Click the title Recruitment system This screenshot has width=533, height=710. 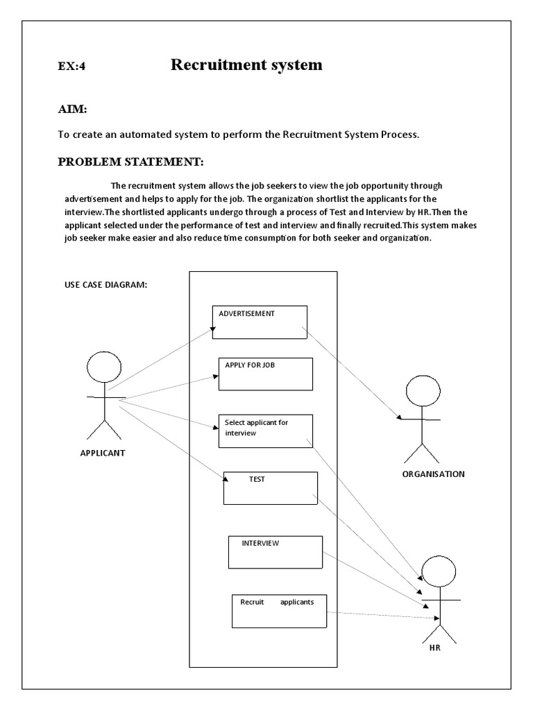coord(246,65)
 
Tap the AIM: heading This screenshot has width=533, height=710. coord(71,110)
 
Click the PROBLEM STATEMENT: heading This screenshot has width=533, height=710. coord(130,162)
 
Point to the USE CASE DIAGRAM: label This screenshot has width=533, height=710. coord(105,286)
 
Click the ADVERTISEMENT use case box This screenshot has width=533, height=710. coord(260,322)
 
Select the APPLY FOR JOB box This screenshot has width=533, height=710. coord(266,374)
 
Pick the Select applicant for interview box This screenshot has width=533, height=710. coord(266,431)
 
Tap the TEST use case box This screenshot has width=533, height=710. coord(271,488)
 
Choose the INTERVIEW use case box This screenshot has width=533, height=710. coord(276,552)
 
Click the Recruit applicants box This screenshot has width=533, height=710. coord(279,611)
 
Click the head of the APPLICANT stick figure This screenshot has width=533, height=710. coord(104,369)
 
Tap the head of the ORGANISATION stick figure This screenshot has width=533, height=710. coord(423,390)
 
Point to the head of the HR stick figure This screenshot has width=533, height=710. coord(439,571)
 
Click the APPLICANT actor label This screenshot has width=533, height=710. coord(103,454)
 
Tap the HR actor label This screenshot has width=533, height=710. coord(434,650)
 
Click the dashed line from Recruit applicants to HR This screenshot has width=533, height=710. coord(382,614)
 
